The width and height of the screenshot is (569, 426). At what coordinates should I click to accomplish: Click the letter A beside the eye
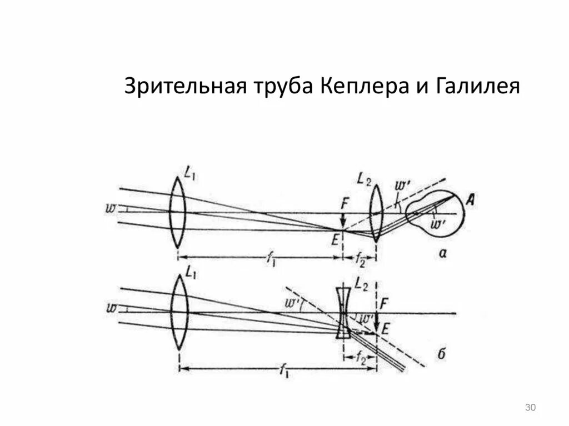(470, 202)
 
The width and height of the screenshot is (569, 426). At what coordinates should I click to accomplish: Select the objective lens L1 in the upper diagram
(177, 212)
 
